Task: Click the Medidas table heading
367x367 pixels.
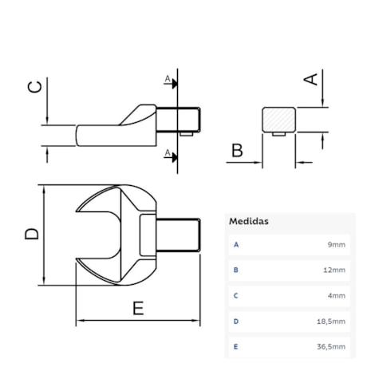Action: point(248,220)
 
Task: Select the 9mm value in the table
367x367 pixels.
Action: point(337,244)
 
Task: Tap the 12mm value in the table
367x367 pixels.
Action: point(335,270)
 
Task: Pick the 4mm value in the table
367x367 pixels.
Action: point(337,295)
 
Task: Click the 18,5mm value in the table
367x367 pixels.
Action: point(333,321)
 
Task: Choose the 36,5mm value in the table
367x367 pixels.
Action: point(333,346)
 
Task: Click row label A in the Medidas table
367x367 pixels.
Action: point(236,244)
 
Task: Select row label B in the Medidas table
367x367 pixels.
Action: point(236,270)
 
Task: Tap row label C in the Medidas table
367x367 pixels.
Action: point(236,295)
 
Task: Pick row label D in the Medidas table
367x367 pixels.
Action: point(236,321)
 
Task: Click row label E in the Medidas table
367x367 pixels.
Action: point(236,346)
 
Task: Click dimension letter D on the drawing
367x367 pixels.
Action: point(30,234)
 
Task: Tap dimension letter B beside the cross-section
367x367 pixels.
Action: point(236,149)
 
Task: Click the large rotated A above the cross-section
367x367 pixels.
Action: point(312,77)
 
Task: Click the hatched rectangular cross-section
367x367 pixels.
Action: point(279,120)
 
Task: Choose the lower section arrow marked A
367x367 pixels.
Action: point(169,154)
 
